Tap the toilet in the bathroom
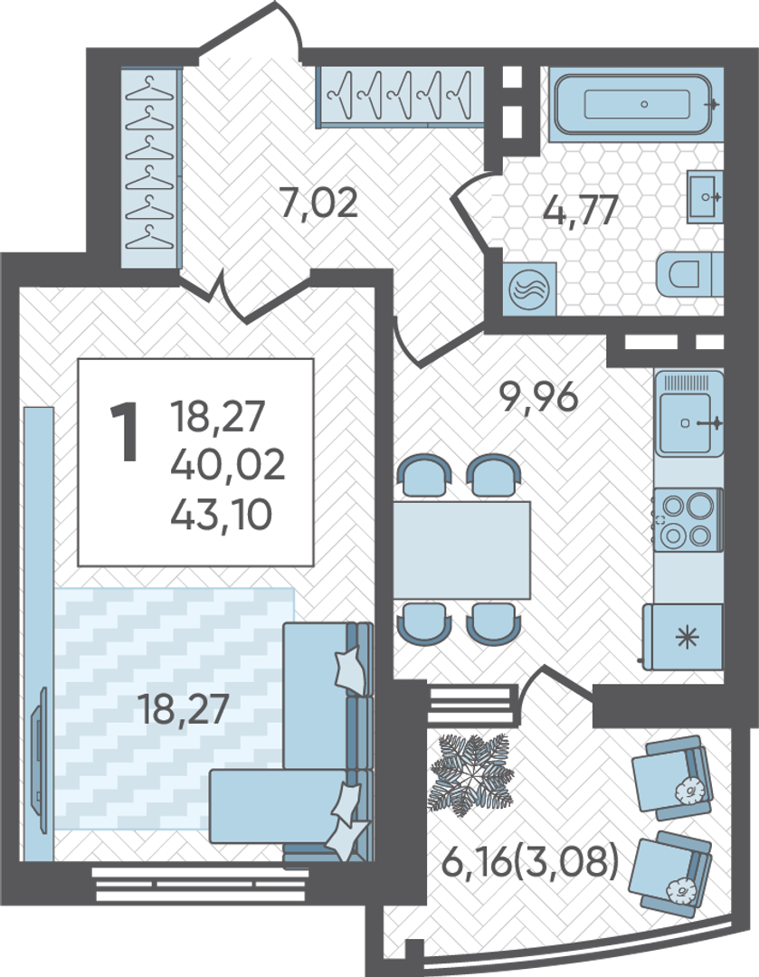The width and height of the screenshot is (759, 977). pos(689,275)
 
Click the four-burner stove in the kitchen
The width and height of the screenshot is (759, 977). pos(688,519)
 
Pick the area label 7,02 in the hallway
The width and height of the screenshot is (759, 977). pos(318,204)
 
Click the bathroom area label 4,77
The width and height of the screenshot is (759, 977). pos(581,210)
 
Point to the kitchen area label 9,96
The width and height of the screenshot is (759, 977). pos(539,396)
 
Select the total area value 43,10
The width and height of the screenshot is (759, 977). pos(222,515)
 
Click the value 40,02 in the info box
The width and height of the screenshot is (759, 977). pos(227,464)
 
